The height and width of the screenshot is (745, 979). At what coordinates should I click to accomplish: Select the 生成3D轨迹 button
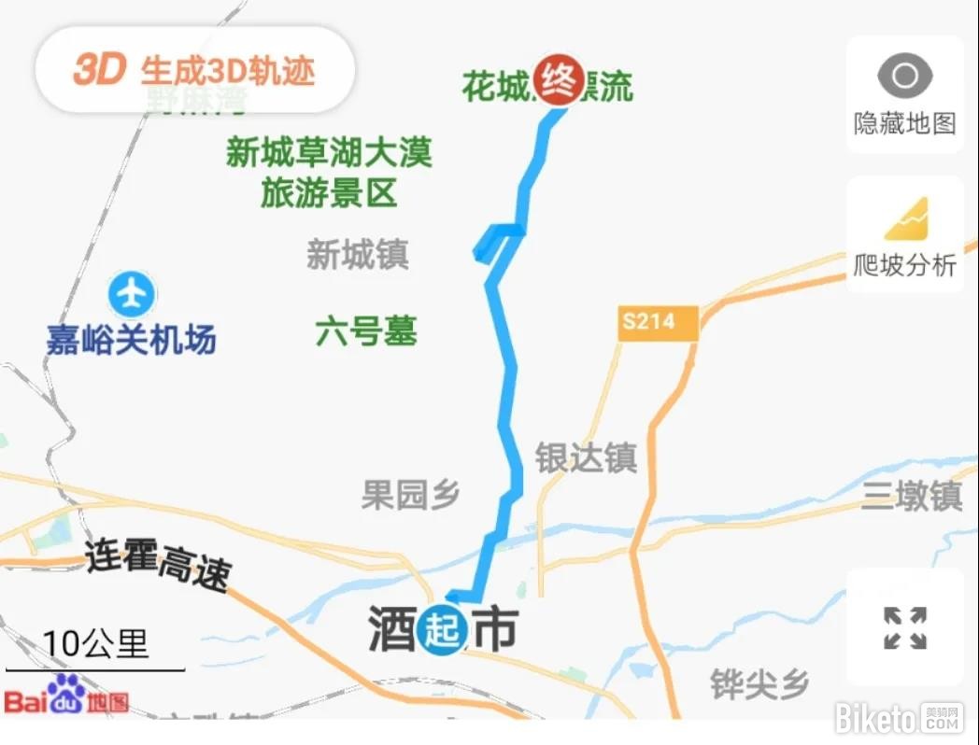pyautogui.click(x=194, y=70)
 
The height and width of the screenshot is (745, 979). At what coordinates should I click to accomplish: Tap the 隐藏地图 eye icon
pyautogui.click(x=904, y=76)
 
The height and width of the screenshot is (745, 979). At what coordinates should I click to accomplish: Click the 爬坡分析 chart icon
pyautogui.click(x=905, y=218)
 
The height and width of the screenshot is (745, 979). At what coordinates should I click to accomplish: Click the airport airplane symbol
pyautogui.click(x=131, y=294)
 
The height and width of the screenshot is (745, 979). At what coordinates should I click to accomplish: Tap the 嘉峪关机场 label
pyautogui.click(x=131, y=339)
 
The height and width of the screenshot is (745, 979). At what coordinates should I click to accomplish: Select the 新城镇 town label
pyautogui.click(x=358, y=255)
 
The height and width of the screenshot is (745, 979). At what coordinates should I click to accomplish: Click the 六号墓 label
pyautogui.click(x=366, y=331)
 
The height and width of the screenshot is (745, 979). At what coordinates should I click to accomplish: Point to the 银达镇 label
pyautogui.click(x=586, y=457)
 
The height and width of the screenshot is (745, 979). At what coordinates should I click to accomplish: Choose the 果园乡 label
pyautogui.click(x=411, y=496)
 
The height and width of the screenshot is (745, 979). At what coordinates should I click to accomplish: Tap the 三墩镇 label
pyautogui.click(x=911, y=496)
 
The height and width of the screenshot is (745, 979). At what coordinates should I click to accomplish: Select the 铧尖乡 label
pyautogui.click(x=759, y=684)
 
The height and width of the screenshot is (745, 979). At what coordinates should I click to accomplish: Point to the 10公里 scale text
pyautogui.click(x=95, y=643)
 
